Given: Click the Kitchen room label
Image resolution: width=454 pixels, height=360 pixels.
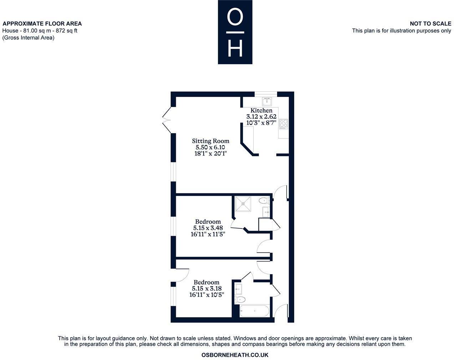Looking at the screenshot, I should point(261,111).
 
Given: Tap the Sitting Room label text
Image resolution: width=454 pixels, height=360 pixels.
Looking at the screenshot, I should point(210,141).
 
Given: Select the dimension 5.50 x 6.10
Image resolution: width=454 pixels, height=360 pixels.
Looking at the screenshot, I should point(210,147).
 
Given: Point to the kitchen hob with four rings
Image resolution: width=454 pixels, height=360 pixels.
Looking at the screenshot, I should point(284,123).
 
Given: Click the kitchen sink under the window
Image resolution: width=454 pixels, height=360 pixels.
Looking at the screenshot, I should point(267,101).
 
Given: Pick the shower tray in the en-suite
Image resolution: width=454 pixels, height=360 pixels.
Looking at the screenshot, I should point(243,204).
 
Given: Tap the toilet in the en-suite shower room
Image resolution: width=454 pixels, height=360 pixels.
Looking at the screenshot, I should point(264,200).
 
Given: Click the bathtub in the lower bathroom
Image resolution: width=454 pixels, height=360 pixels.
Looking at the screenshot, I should point(254,311).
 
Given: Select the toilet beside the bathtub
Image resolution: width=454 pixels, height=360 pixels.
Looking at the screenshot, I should point(240,299).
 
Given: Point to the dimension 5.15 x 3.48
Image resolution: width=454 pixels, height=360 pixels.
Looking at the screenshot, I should point(208,228).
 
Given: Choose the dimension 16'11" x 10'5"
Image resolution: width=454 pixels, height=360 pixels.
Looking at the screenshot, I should point(207,295).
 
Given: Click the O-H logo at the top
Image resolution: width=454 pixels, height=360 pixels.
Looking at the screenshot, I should point(235,32).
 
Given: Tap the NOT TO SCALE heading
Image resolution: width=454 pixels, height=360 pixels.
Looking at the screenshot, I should point(430,24).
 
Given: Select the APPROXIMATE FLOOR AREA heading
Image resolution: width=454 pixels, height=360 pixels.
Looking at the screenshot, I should point(42,24).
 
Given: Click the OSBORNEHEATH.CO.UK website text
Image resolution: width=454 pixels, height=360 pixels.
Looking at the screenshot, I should point(235,355).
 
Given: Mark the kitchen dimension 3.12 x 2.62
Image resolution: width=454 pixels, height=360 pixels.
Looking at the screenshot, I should point(261,117).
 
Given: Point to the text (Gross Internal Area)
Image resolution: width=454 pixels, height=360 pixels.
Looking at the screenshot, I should point(29,37).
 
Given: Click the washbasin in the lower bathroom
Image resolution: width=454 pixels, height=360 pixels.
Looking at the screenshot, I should point(238,289).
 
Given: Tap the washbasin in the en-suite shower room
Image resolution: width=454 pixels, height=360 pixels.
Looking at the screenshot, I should point(266,212).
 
